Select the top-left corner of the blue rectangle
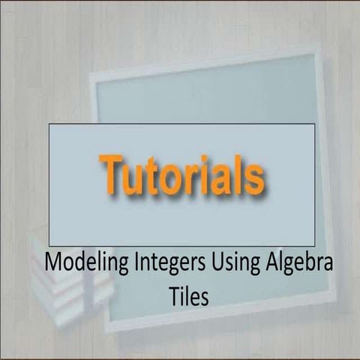click(x=49, y=124)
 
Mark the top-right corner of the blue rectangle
click(x=314, y=124)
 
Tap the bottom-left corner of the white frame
click(x=106, y=331)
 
